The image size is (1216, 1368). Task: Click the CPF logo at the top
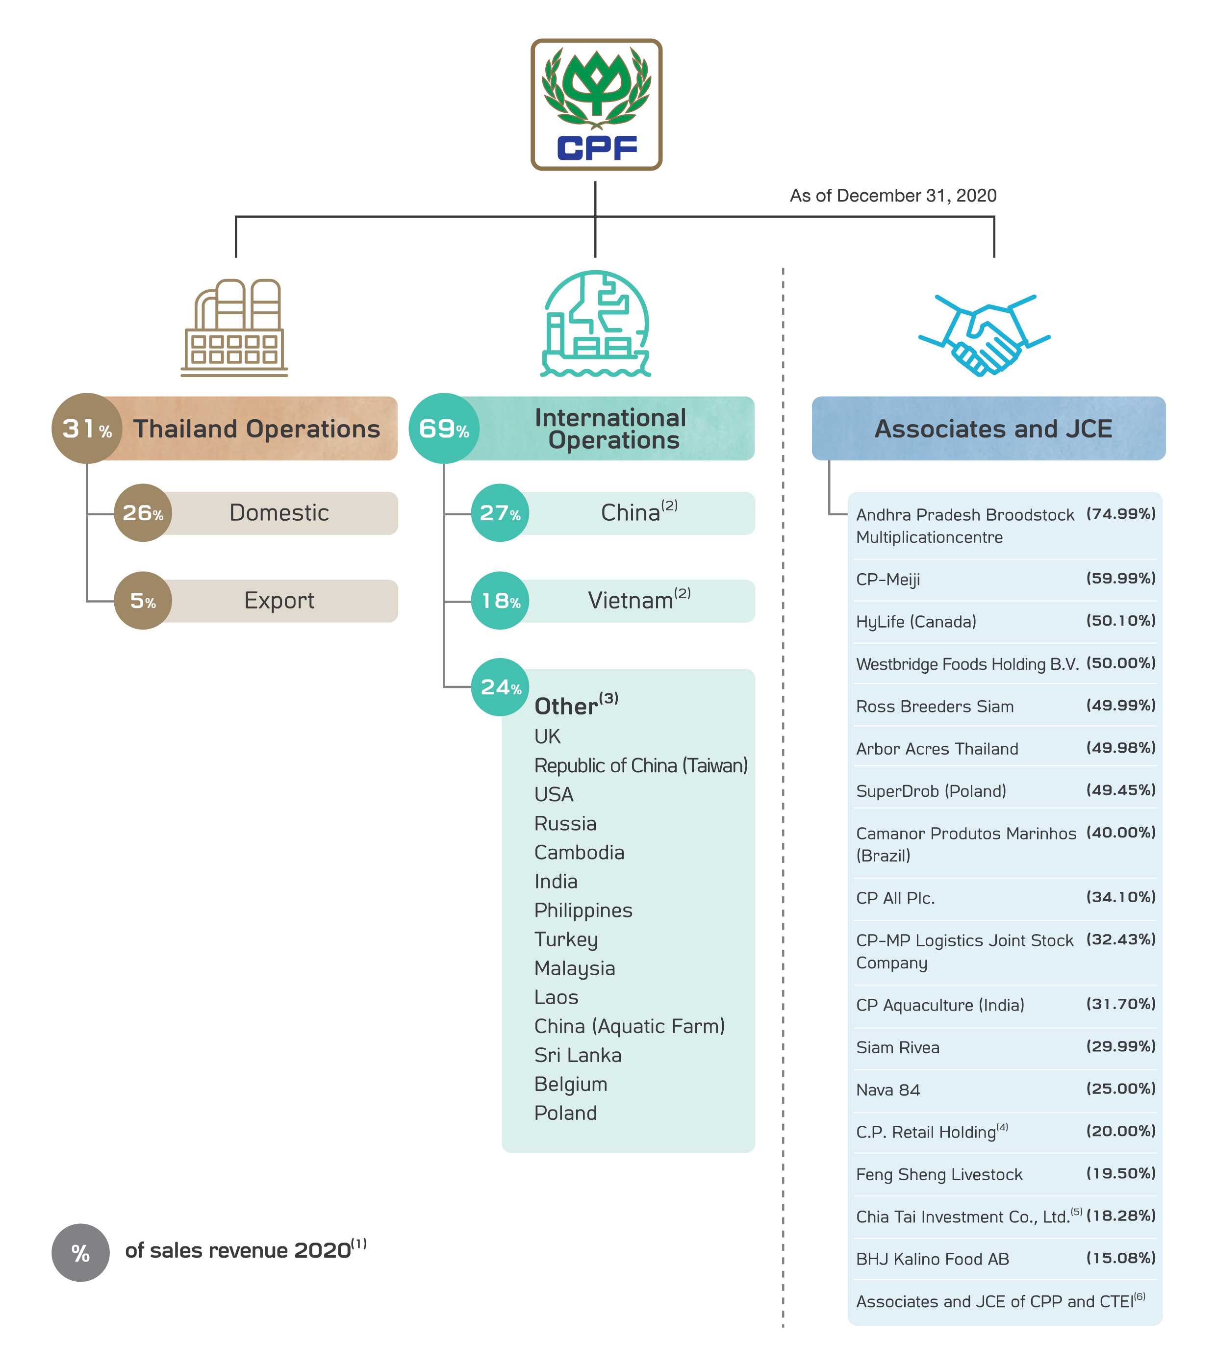[596, 104]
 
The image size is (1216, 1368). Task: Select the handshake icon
[984, 334]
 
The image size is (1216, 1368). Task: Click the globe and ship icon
[595, 324]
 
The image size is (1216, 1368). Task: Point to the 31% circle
[86, 429]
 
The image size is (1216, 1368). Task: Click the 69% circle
[443, 429]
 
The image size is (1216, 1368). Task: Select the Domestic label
[279, 513]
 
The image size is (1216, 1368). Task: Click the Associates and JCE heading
[993, 429]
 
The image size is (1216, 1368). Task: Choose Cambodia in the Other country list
[579, 852]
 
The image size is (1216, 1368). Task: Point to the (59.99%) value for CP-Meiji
[1121, 578]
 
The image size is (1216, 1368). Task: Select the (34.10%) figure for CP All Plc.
[1121, 897]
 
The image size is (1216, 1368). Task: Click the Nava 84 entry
[888, 1090]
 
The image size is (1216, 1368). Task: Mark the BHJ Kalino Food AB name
[932, 1259]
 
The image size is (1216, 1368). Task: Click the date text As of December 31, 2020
[893, 196]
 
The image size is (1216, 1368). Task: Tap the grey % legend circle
[80, 1253]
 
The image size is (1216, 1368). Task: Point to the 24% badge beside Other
[500, 687]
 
